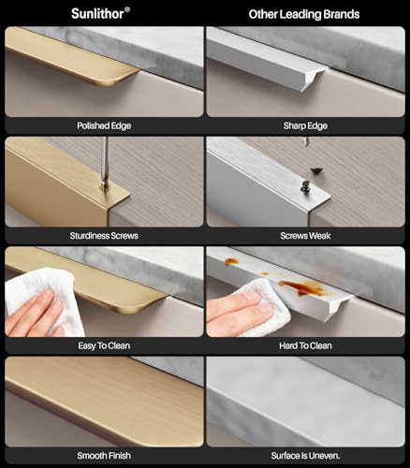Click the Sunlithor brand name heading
97,14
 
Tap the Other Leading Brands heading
304,14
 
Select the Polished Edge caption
104,125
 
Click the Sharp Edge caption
305,125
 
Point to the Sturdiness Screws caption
104,236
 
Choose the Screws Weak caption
305,236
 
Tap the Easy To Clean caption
104,345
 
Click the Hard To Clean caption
305,345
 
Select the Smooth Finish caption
104,456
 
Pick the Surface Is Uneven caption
305,456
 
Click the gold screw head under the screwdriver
105,187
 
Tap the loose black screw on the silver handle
304,185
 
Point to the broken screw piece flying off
316,170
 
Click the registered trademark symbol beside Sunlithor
127,9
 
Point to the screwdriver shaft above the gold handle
106,160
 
